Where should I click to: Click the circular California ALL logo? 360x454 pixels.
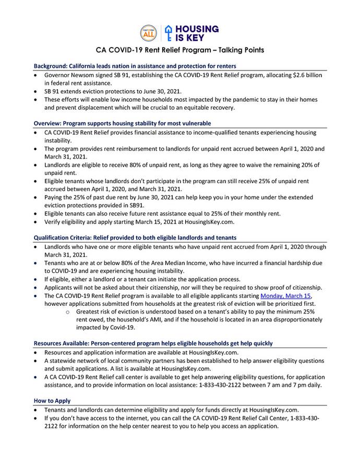(x=149, y=32)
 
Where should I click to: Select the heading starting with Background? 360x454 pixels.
(x=135, y=66)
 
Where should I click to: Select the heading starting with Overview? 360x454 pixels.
(x=122, y=124)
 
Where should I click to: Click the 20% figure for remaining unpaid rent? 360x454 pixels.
(x=305, y=164)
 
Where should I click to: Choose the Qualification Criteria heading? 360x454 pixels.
(x=135, y=237)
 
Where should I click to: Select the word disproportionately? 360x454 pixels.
(x=279, y=319)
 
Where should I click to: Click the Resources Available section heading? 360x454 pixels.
(x=153, y=343)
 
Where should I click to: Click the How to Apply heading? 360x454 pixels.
(x=52, y=401)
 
